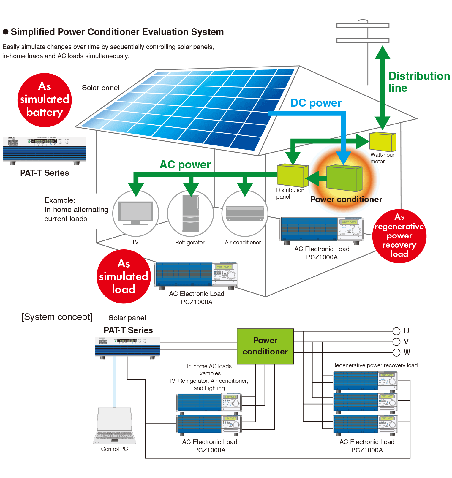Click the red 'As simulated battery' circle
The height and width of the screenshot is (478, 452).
[x=45, y=100]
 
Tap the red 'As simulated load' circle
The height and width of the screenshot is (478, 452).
[x=124, y=276]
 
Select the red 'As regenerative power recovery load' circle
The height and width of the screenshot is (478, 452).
[x=399, y=236]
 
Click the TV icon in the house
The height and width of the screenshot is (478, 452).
[x=136, y=213]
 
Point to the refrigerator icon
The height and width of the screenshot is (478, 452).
[x=190, y=213]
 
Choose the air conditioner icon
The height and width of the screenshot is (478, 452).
[x=245, y=213]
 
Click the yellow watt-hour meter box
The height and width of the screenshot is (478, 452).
[x=383, y=142]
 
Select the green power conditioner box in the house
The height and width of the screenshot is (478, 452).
[x=344, y=178]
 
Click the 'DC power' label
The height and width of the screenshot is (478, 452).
[x=316, y=103]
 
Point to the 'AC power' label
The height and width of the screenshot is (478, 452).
[x=185, y=164]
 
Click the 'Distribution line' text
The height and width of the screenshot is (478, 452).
[x=419, y=82]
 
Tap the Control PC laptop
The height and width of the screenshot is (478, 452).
[x=115, y=425]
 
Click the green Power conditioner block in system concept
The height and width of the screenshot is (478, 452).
[x=265, y=346]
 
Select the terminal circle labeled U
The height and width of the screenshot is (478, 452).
[x=396, y=331]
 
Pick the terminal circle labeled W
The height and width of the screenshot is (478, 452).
[x=396, y=352]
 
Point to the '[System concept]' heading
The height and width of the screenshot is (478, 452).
[x=57, y=317]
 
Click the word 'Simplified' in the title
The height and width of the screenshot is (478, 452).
[x=33, y=32]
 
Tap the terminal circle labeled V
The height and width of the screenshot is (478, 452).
[x=396, y=341]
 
